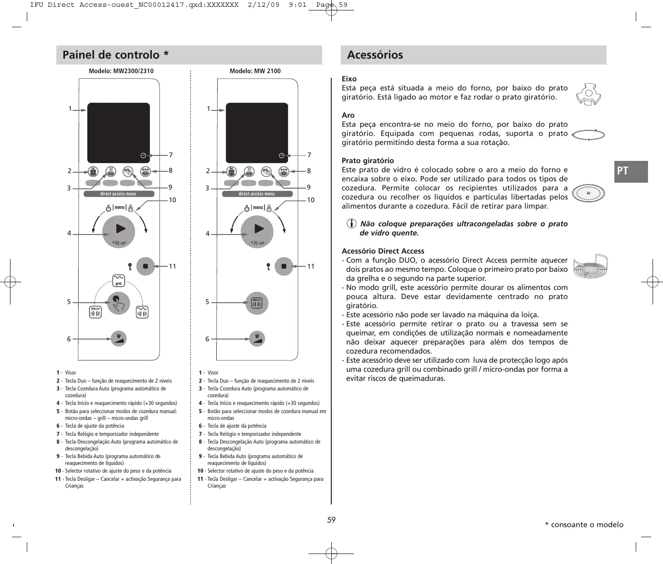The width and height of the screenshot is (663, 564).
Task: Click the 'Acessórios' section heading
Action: (375, 55)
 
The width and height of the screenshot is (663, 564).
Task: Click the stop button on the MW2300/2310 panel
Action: (145, 266)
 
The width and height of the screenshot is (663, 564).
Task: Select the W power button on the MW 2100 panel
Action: (257, 339)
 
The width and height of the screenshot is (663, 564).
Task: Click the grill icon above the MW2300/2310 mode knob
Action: (119, 280)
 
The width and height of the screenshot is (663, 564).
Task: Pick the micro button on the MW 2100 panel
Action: (257, 303)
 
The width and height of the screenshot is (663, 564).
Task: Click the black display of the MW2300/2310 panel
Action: (118, 132)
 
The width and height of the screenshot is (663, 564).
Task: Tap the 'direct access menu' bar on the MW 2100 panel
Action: (257, 194)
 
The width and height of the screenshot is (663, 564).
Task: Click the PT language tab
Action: (630, 171)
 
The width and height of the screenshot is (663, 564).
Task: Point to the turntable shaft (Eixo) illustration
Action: (588, 94)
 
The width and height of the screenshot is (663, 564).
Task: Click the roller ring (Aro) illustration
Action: (588, 135)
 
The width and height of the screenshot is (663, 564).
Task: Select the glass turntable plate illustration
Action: (588, 194)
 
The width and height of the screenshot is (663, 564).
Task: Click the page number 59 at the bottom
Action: (331, 520)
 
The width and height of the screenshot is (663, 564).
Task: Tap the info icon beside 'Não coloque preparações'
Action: (352, 224)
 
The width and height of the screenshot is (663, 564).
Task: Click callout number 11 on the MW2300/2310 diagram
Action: (172, 266)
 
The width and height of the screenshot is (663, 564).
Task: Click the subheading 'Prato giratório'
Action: (368, 160)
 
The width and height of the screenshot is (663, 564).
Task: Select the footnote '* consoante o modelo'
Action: (584, 524)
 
